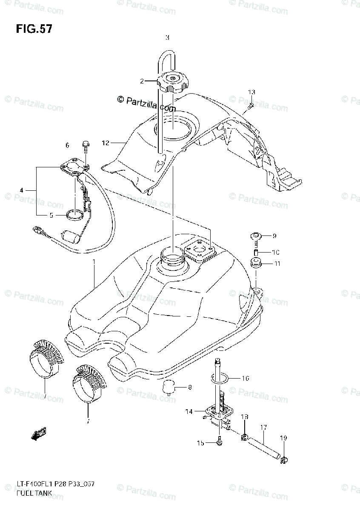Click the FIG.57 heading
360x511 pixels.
34,29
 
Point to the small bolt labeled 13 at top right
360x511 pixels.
251,105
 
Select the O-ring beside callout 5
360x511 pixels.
74,216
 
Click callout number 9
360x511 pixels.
274,235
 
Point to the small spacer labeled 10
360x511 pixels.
257,252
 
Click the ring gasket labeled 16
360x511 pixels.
220,378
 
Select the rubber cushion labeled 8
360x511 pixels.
168,388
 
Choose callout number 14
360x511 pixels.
189,411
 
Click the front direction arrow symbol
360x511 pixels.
39,433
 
